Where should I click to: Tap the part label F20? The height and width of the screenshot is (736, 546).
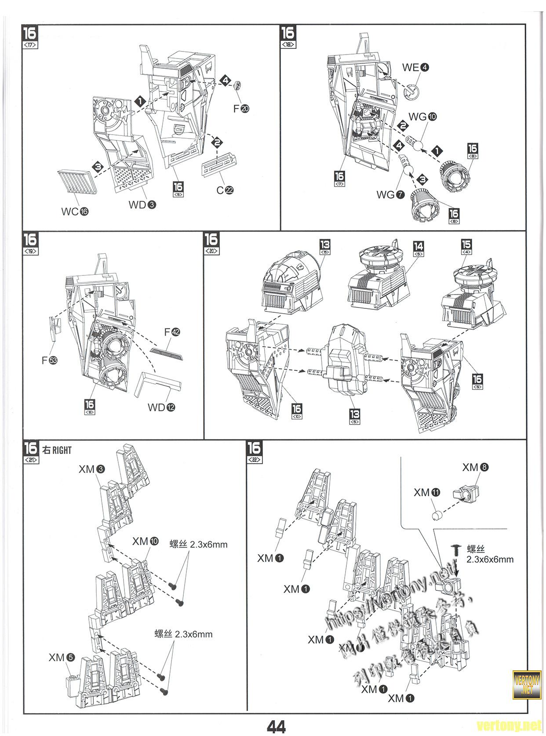tap(241, 108)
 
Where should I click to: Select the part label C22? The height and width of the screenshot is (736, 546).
tap(225, 190)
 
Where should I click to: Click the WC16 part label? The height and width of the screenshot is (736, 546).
tap(75, 211)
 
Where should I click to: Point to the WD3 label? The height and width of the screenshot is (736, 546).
tap(142, 205)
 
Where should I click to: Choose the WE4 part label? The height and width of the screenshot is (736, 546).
tap(415, 67)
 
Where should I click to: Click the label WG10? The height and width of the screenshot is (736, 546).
tap(422, 117)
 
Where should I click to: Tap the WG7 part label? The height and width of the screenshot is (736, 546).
tap(390, 194)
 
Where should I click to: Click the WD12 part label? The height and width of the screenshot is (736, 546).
tap(161, 407)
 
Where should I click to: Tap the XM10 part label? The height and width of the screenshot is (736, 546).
tap(145, 541)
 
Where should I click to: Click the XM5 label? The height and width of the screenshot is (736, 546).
tap(62, 658)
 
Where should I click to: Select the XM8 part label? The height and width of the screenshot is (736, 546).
tap(475, 467)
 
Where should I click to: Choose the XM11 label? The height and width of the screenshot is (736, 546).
tap(426, 493)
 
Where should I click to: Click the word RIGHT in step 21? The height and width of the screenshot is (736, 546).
tap(62, 450)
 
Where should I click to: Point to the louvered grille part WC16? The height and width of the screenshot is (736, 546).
tap(79, 181)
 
